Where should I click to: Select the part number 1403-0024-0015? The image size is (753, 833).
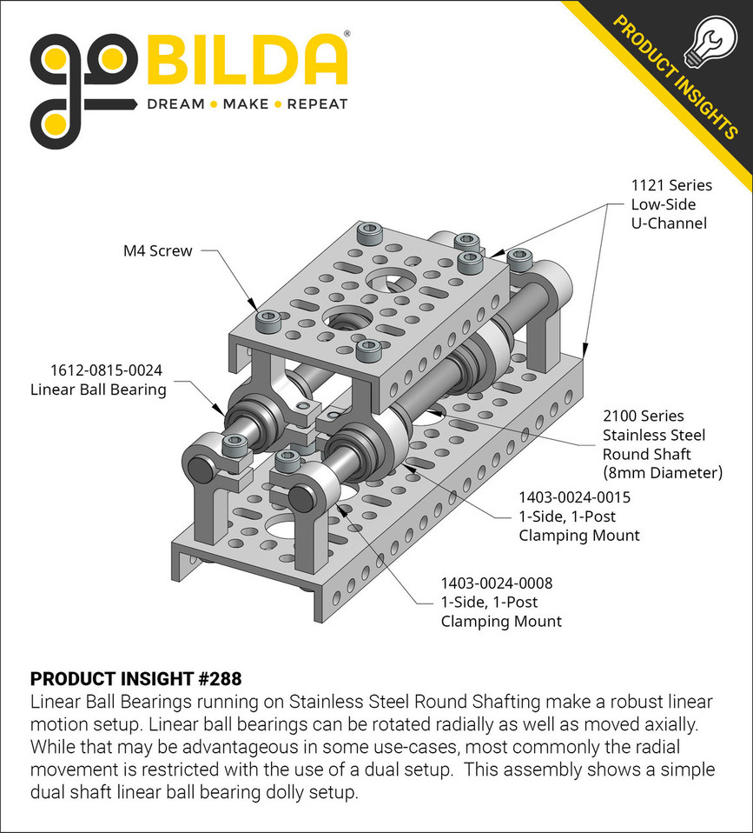pos(574,497)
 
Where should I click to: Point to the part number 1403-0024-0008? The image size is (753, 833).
pos(496,583)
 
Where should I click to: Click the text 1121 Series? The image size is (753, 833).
pos(671,185)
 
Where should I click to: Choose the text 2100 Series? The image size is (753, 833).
pos(644,416)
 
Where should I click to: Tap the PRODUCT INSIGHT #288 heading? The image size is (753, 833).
pos(135,678)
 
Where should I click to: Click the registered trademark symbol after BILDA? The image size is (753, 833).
pos(347,36)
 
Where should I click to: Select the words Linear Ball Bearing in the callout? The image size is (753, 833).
pos(98,390)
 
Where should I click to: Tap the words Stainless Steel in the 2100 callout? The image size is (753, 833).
pos(654,435)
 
